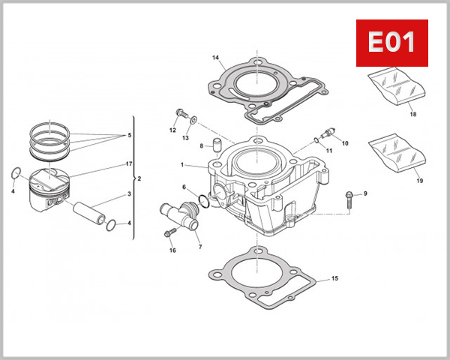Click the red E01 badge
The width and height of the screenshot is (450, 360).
click(x=390, y=42)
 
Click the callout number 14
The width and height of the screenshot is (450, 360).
click(x=215, y=58)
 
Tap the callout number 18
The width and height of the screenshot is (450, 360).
click(x=412, y=114)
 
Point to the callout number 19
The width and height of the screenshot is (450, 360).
click(x=418, y=181)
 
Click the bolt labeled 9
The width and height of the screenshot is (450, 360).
click(x=350, y=197)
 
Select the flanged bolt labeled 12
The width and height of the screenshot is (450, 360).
click(x=180, y=114)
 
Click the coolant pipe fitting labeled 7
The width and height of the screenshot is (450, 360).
click(x=180, y=217)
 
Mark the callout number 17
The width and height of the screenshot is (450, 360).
click(x=129, y=163)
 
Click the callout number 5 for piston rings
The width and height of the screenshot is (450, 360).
click(x=129, y=135)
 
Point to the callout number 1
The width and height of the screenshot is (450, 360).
click(x=181, y=164)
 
